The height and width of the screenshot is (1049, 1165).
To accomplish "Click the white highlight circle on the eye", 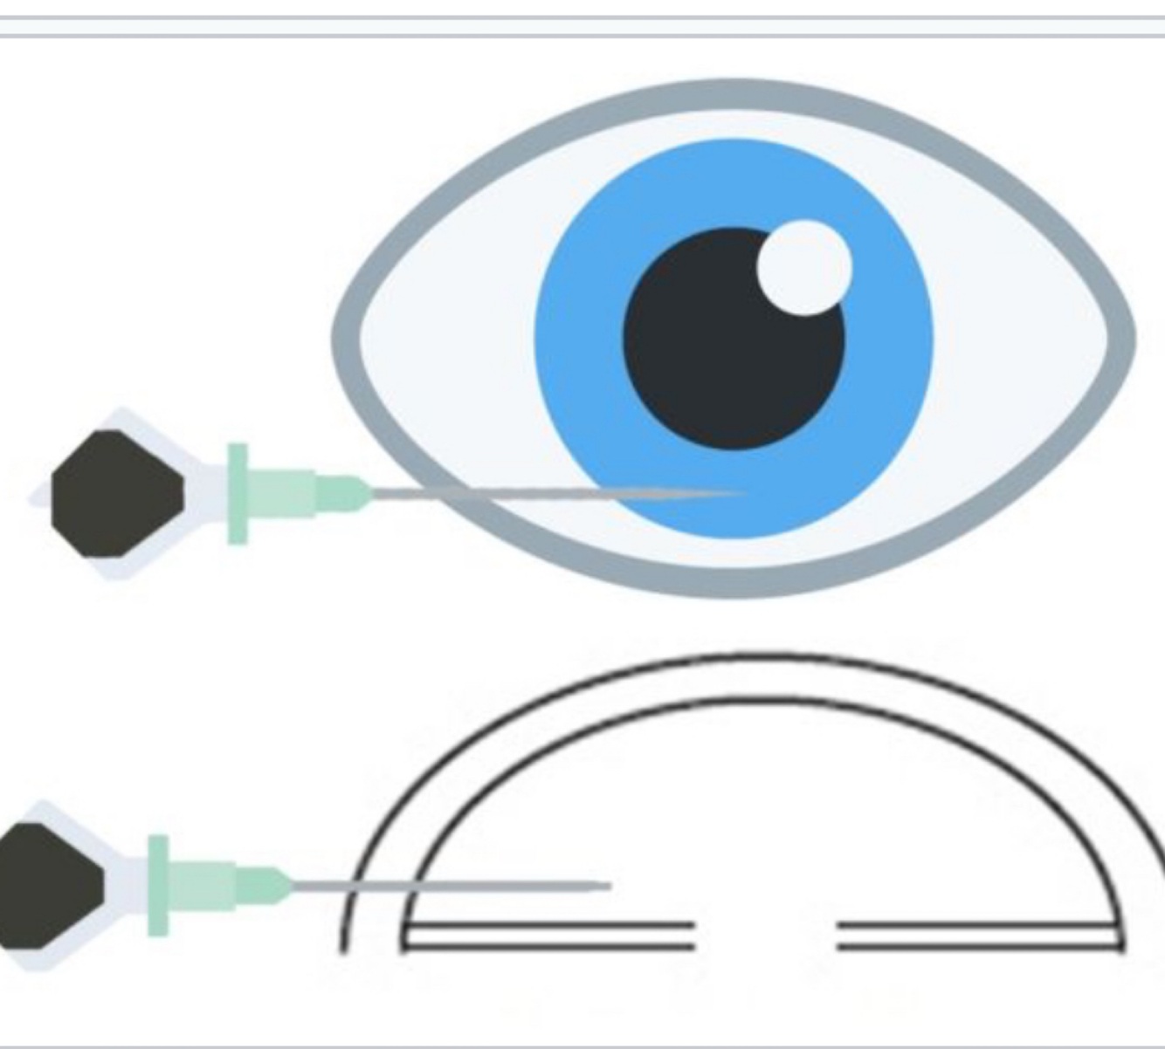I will coord(804,267).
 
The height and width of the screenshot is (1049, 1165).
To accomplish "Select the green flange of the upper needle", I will coord(238,493).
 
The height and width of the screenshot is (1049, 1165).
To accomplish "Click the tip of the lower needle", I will coord(610,886).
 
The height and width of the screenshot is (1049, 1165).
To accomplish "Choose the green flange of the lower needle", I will coord(158,886).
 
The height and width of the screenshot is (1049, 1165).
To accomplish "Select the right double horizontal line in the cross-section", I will coord(978,935).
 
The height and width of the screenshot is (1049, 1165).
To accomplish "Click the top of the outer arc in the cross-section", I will coord(751,655).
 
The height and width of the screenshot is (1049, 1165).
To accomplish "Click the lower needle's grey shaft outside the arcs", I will coord(319,886).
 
